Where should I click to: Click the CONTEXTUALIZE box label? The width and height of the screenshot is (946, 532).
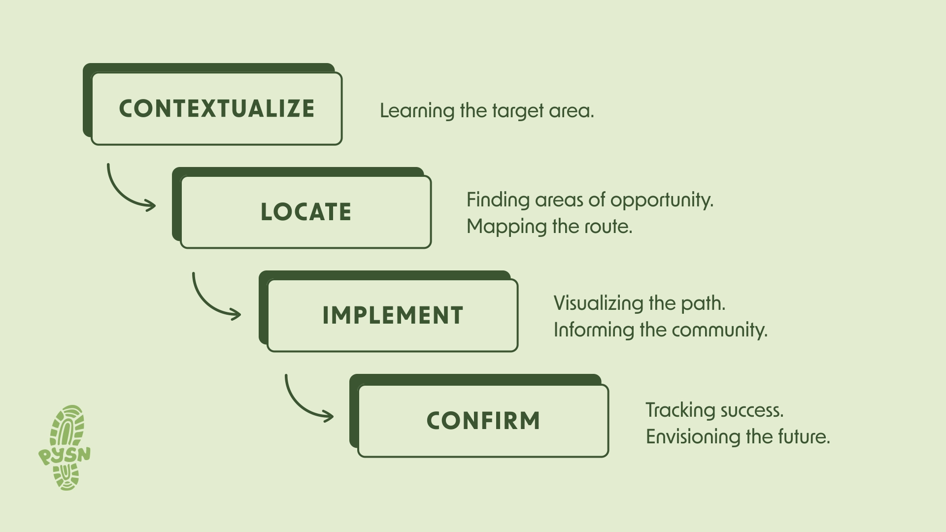tap(217, 109)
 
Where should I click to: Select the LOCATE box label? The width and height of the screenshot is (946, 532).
tap(305, 212)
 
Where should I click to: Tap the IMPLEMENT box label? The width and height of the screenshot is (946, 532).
tap(393, 316)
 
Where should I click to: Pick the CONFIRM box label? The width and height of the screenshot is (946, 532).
tap(483, 421)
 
